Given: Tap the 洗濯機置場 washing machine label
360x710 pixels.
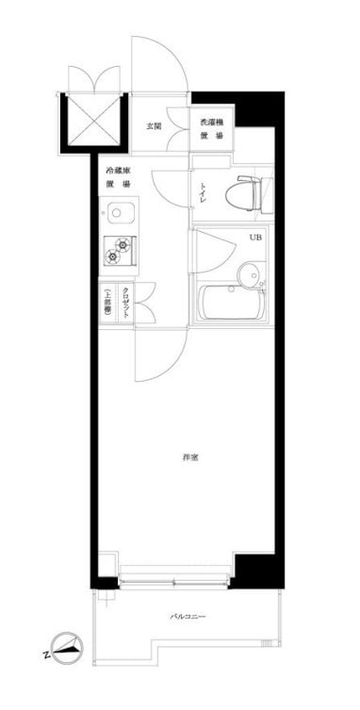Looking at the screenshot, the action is (211, 130).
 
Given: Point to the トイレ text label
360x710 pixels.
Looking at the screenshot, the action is (203, 192).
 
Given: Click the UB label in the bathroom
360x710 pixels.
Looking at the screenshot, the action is (255, 238).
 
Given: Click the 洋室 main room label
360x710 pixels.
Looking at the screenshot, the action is (190, 458).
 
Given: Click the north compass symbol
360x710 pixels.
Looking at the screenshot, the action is (67, 649).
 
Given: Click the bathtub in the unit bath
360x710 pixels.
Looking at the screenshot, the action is (231, 304).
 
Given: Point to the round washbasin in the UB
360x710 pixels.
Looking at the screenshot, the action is (249, 276).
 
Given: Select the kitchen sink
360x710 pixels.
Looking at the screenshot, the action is (120, 212).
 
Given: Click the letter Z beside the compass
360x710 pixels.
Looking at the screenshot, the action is (45, 653).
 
